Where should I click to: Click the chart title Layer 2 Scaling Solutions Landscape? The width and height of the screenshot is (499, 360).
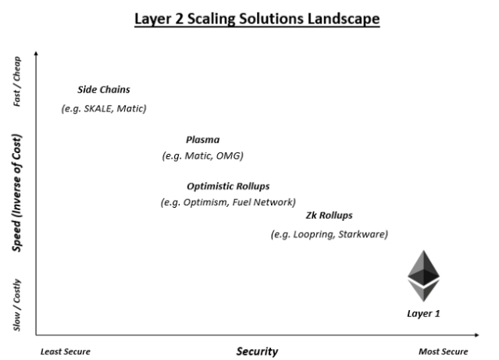257,18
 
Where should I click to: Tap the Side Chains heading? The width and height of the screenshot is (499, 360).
104,90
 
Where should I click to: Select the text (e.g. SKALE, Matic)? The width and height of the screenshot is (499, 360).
104,108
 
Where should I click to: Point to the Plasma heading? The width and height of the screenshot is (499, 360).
202,139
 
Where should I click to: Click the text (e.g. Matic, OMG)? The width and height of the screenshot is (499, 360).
202,155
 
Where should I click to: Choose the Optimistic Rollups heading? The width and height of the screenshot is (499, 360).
228,186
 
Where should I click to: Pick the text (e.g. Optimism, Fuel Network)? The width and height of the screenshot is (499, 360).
228,202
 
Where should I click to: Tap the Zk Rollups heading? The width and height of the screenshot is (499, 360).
329,215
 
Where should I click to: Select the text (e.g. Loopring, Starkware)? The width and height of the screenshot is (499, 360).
329,233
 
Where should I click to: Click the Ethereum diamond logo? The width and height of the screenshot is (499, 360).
423,276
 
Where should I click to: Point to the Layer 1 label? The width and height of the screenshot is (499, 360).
423,313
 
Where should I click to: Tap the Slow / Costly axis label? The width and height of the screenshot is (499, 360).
17,305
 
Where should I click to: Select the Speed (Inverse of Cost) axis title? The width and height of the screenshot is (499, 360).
17,191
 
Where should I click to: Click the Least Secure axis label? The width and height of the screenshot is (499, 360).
65,351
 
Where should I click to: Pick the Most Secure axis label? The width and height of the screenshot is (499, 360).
443,351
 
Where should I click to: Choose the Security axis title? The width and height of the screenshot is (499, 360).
257,351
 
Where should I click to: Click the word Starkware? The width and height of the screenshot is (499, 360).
363,233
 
